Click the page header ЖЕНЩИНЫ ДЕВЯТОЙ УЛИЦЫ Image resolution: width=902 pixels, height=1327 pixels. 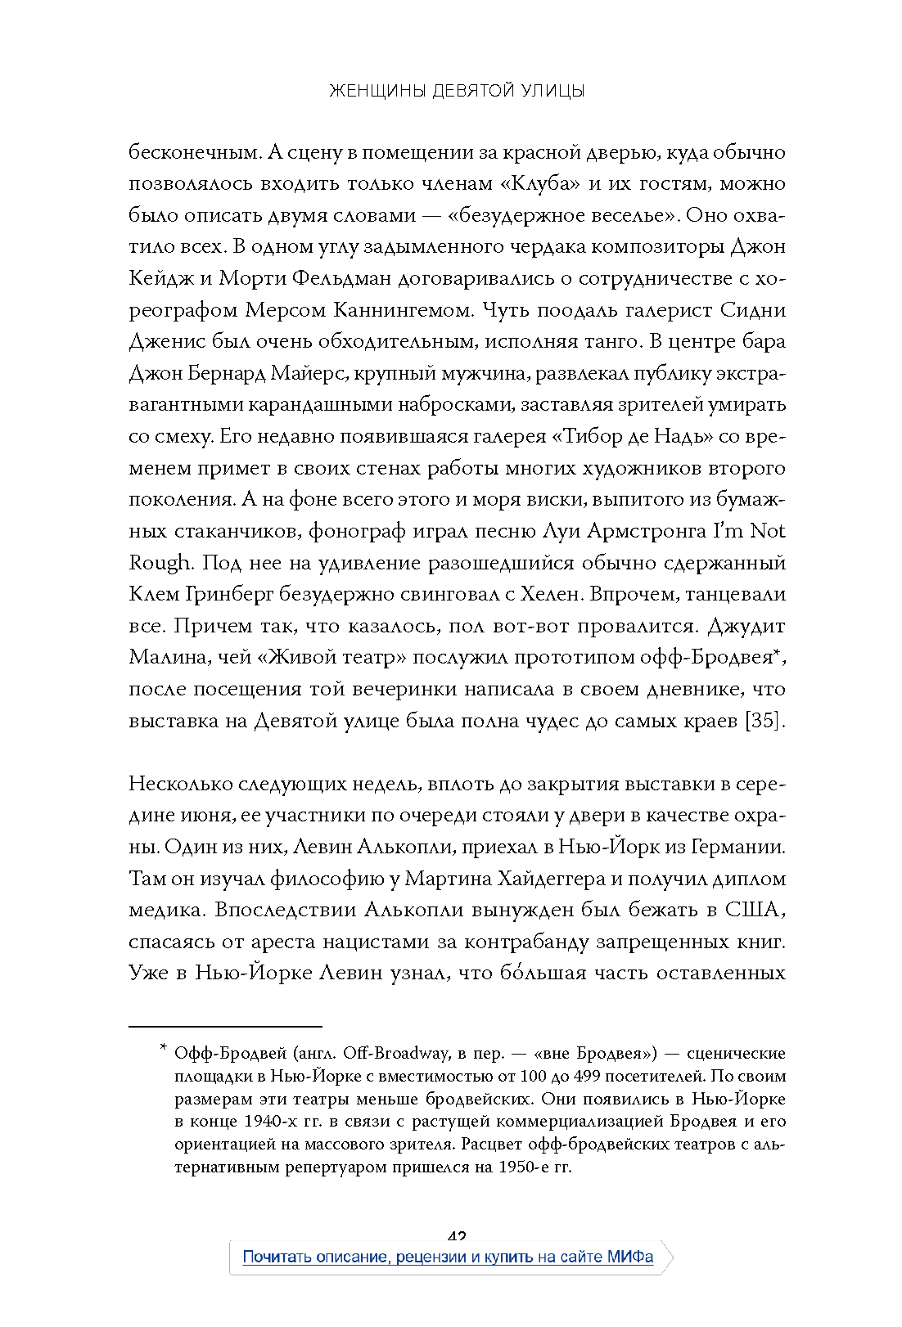click(x=457, y=91)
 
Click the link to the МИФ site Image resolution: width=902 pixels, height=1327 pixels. click(x=448, y=1257)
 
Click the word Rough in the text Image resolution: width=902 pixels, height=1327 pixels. click(x=160, y=564)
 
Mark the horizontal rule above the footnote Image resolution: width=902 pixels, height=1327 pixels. click(x=225, y=1026)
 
